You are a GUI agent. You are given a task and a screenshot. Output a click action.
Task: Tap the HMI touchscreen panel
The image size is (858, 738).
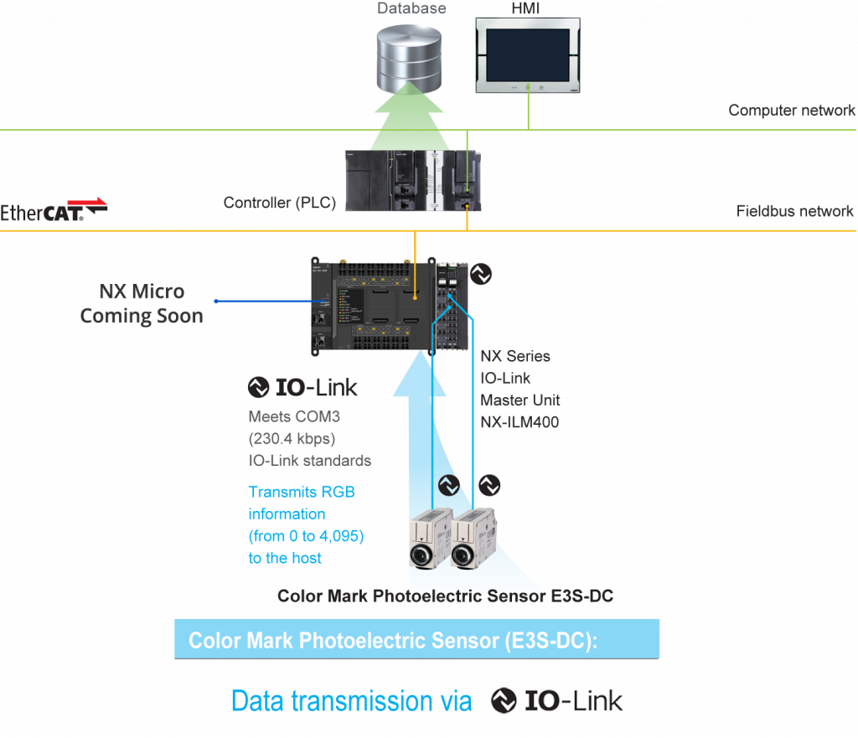[529, 54]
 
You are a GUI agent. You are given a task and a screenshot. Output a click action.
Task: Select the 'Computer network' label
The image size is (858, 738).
[791, 111]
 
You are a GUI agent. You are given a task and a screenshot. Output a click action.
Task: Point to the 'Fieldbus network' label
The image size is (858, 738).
[794, 211]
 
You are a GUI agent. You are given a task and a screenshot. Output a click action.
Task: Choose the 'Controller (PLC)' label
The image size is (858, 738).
[279, 203]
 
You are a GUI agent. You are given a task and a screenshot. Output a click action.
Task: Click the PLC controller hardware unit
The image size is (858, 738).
[411, 180]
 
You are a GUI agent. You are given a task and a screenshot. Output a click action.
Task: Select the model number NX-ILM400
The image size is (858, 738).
[519, 421]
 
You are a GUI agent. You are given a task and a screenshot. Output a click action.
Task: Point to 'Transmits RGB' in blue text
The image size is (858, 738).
[302, 492]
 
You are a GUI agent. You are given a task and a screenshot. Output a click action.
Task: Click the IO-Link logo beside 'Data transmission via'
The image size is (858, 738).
[557, 700]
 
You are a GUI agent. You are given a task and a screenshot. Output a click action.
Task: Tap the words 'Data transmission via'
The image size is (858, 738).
[351, 700]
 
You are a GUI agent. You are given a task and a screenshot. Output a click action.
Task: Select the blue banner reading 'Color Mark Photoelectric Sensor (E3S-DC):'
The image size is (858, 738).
[416, 640]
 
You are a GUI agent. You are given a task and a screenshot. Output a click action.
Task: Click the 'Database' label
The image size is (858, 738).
[411, 9]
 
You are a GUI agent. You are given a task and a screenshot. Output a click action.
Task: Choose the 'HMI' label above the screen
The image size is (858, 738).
[525, 8]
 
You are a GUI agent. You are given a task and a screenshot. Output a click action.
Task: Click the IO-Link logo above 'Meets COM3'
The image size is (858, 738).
[303, 387]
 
